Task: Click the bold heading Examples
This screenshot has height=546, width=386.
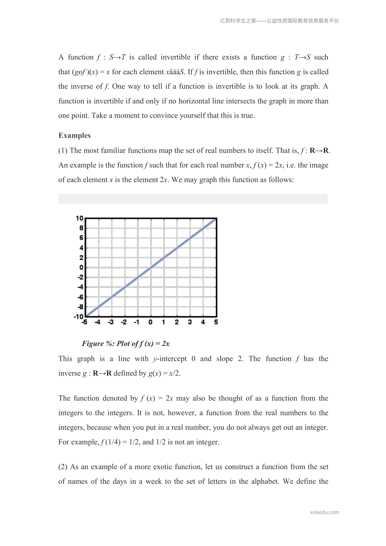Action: click(75, 136)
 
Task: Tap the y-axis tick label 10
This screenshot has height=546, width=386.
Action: click(80, 218)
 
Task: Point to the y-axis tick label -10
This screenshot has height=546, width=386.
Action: click(78, 316)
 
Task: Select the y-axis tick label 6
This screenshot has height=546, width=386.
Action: click(81, 238)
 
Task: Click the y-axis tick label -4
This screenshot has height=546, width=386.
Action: click(80, 287)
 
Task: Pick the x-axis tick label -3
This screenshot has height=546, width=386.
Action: click(111, 322)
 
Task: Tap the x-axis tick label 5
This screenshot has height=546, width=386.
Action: click(216, 322)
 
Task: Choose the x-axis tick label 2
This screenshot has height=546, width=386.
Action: click(177, 322)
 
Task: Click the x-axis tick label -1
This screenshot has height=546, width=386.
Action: click(137, 322)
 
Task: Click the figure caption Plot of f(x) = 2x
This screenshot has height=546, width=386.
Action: click(126, 344)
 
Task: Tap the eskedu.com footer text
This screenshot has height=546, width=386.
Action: click(324, 512)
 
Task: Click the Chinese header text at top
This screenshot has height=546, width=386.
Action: click(279, 21)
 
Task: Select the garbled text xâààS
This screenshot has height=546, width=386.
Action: click(175, 72)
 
